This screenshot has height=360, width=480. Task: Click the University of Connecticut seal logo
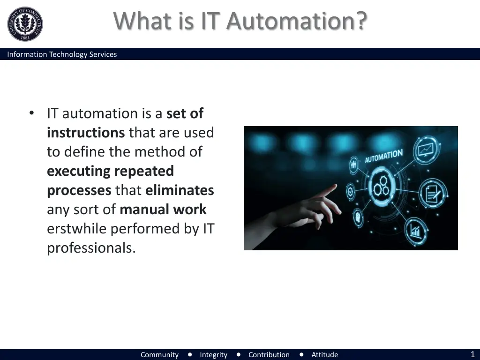(25, 24)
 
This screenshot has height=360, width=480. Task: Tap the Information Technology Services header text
(62, 54)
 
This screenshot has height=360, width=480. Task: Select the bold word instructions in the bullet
(86, 133)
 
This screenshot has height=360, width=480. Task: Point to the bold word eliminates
(180, 190)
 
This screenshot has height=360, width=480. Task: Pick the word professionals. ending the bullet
(91, 248)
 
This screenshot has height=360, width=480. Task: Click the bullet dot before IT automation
(31, 113)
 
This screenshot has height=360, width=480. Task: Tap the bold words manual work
(163, 210)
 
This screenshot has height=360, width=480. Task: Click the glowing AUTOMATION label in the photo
(383, 156)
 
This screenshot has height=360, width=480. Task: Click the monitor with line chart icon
(426, 150)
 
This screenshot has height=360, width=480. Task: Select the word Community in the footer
(159, 355)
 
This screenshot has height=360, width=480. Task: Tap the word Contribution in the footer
(269, 355)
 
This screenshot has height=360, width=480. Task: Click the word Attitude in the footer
(324, 355)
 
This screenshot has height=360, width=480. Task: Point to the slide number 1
(472, 354)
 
